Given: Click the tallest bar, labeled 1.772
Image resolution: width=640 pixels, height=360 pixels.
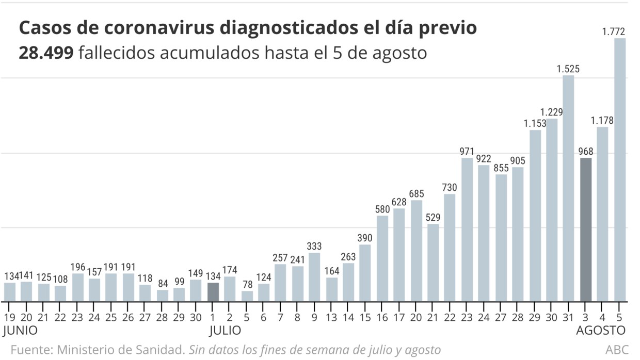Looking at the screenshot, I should [619, 170].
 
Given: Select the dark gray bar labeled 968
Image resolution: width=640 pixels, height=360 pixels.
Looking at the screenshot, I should [586, 230].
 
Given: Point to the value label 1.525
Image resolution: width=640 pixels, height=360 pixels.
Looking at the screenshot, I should [568, 69].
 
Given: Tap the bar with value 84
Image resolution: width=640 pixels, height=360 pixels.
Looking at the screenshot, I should [163, 296].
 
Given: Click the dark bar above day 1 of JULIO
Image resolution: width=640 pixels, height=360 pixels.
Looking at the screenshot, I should [213, 292].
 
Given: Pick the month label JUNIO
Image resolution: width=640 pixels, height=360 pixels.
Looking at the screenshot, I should [20, 330].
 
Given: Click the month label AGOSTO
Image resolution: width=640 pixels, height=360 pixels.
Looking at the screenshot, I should [600, 330].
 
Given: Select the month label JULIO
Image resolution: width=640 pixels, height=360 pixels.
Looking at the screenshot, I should [225, 330].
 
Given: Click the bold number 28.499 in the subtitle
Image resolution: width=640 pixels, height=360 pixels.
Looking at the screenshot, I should [46, 53].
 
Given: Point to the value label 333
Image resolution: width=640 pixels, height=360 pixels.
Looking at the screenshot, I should [314, 246].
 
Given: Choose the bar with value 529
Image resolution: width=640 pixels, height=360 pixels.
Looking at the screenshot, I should [433, 263].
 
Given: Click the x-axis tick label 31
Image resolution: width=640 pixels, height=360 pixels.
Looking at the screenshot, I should [568, 317].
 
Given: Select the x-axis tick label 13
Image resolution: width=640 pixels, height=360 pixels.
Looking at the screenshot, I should [332, 317].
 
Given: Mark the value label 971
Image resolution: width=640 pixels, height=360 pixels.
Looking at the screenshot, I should [467, 152].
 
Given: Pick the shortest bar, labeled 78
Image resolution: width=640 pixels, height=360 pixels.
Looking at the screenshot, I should [247, 296].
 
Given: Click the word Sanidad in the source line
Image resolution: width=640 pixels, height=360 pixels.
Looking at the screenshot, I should [163, 350].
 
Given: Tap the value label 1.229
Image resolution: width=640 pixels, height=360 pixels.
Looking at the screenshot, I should [551, 112].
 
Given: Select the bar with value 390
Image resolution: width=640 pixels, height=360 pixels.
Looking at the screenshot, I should [365, 273].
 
